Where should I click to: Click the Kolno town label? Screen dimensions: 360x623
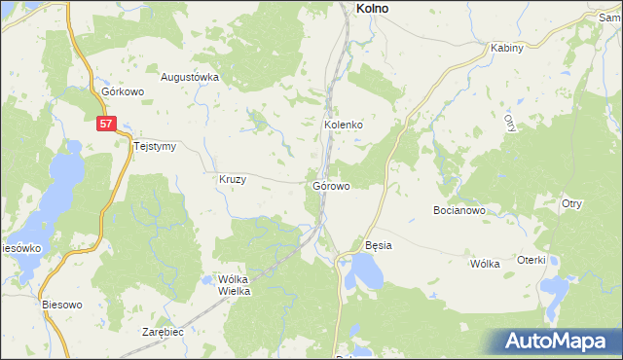click(366, 8)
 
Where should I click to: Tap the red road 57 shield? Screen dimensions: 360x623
click(107, 124)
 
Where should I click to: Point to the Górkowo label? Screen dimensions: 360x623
click(123, 92)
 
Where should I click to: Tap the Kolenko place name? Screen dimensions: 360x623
click(344, 126)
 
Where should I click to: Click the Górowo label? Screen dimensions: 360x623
click(332, 184)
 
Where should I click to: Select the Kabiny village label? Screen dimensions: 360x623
click(507, 48)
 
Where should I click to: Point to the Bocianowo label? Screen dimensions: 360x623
click(458, 210)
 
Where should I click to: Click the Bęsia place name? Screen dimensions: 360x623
click(378, 245)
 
